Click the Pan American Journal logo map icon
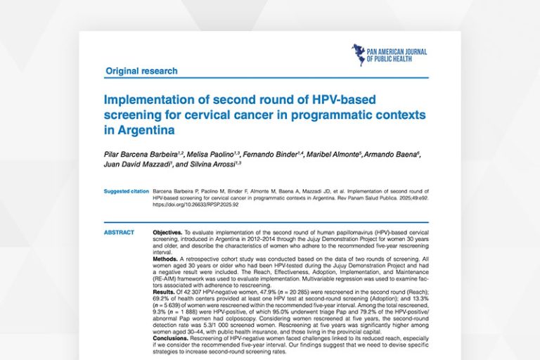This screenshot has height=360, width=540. (359, 54)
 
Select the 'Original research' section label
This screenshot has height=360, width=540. (141, 71)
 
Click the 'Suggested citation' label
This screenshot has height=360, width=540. (124, 191)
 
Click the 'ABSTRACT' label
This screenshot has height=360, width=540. (117, 232)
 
